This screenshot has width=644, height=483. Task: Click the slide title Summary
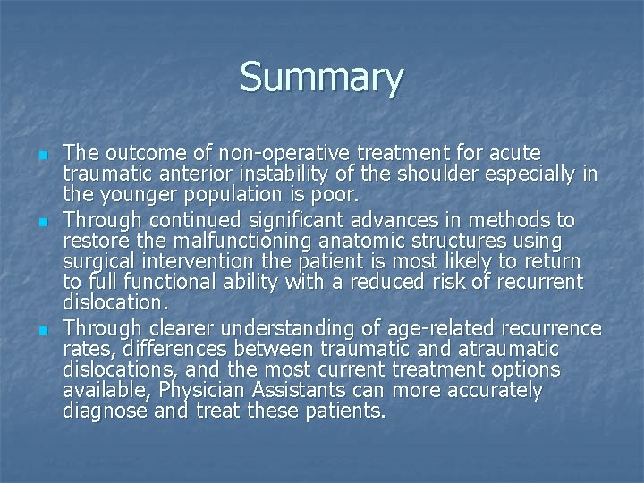point(321,78)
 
